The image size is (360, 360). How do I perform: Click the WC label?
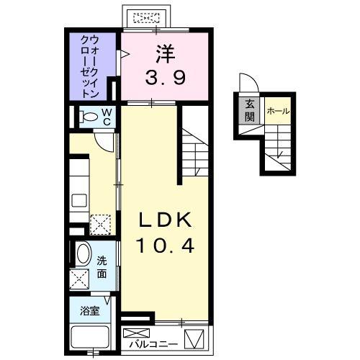click(x=106, y=117)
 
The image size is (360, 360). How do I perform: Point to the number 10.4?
click(x=166, y=246)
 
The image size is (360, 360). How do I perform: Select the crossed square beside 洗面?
click(x=80, y=278)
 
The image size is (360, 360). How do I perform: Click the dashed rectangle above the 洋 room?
click(x=148, y=17)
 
